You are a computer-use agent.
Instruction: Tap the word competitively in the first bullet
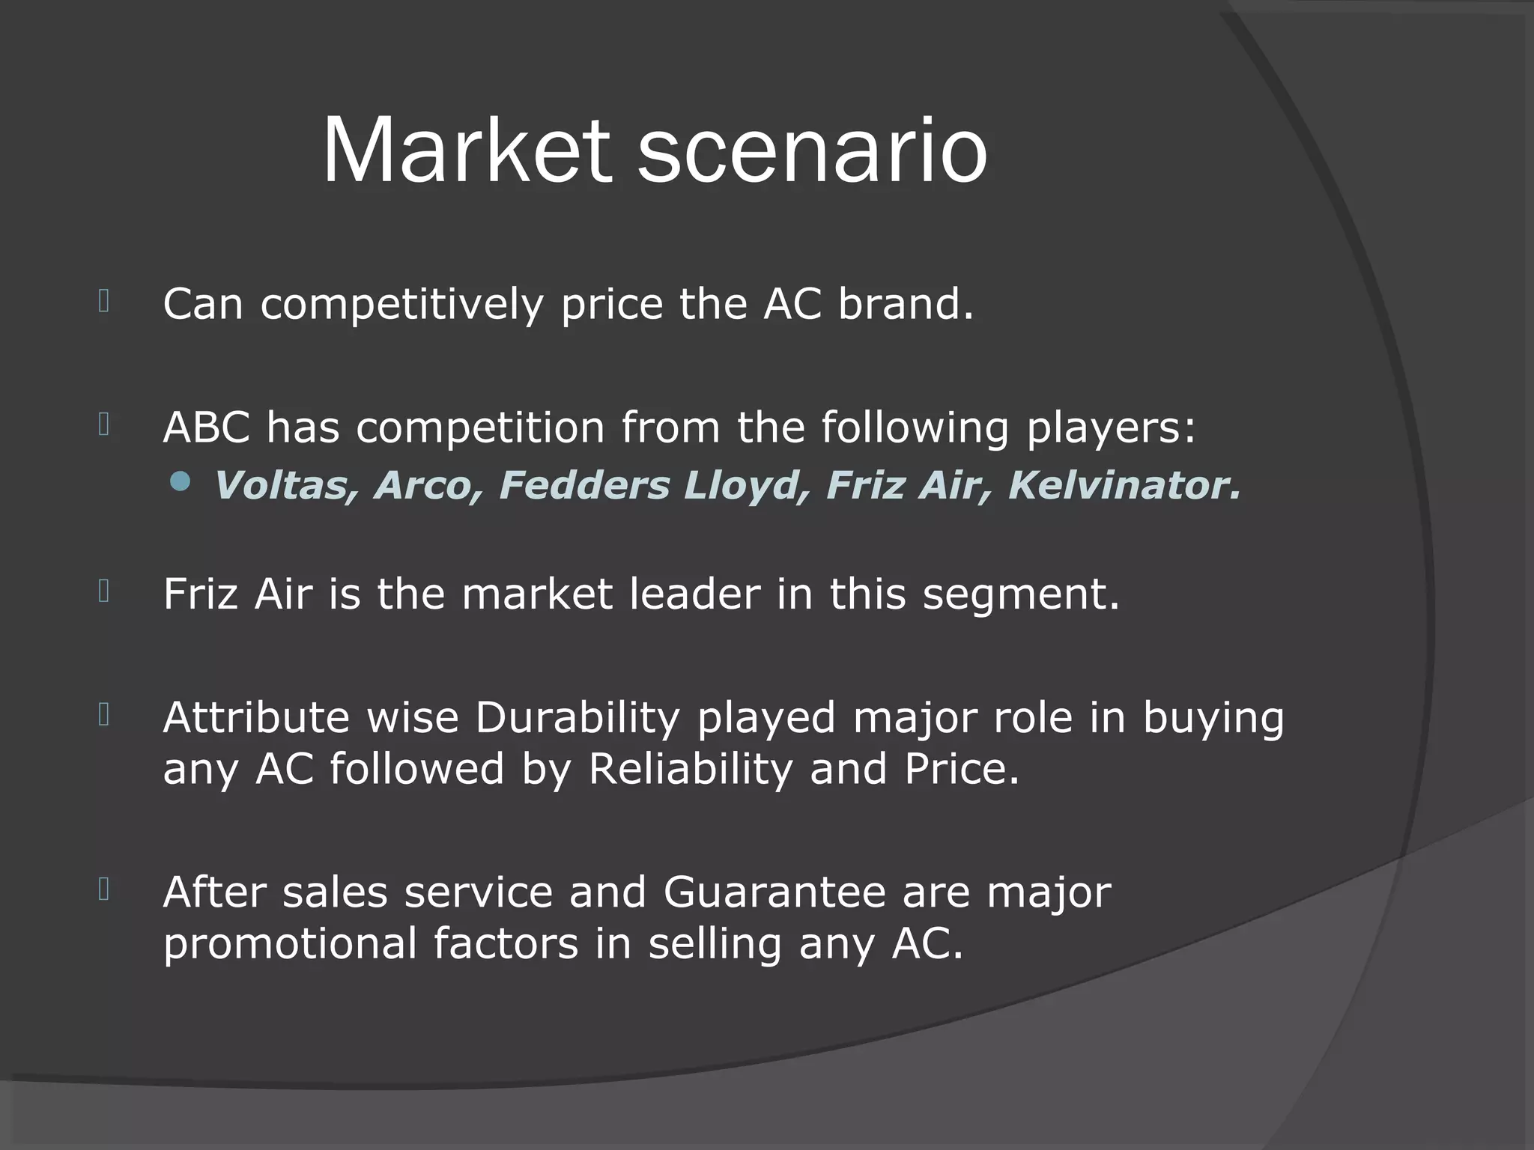401,305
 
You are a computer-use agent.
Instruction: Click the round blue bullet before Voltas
180,481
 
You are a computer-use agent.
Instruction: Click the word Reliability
690,769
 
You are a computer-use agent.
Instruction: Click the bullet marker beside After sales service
104,889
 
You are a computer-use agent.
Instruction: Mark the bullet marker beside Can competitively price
104,302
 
